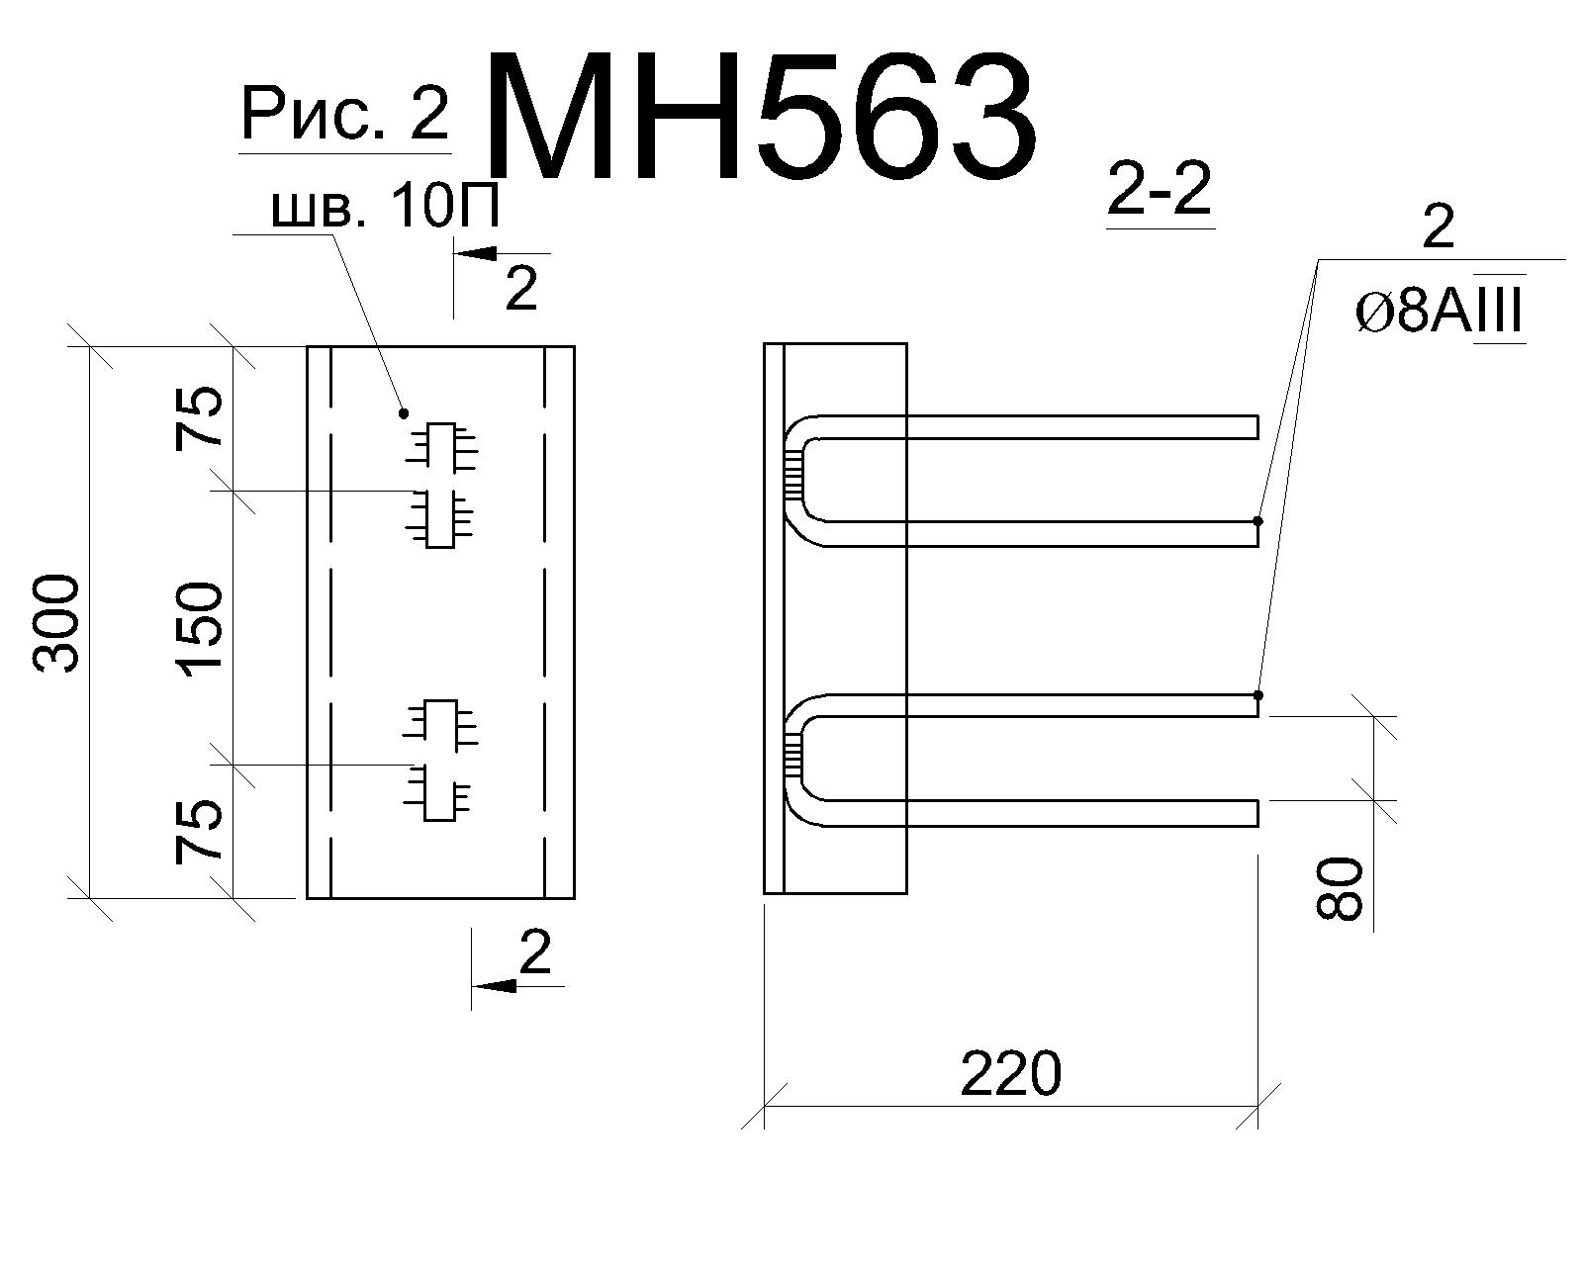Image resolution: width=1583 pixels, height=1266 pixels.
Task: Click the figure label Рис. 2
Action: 344,113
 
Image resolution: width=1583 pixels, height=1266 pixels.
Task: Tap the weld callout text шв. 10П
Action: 386,207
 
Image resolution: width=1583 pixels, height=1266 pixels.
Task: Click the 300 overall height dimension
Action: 56,624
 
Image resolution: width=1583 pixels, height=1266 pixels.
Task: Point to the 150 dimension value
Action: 199,625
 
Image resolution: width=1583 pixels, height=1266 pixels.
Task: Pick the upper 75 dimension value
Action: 199,417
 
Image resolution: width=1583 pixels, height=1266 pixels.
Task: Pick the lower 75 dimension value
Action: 199,831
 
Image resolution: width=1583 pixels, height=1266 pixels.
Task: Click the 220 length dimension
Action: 1011,1074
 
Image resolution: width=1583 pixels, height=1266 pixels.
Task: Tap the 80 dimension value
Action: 1339,888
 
